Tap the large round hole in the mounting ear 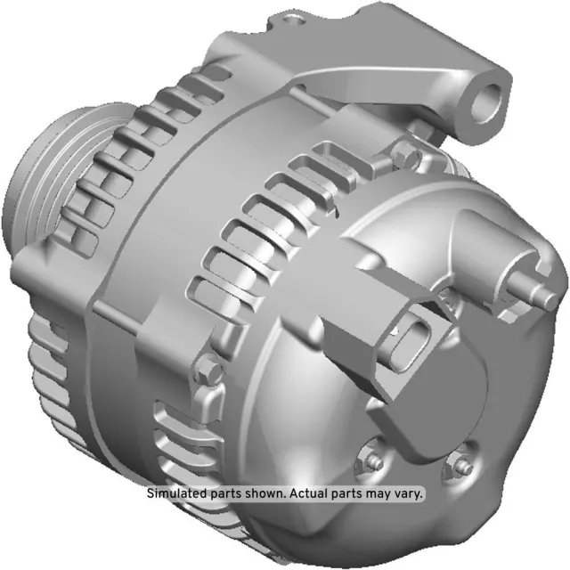tap(488, 100)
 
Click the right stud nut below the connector tap(461, 466)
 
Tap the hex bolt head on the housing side tap(207, 366)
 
